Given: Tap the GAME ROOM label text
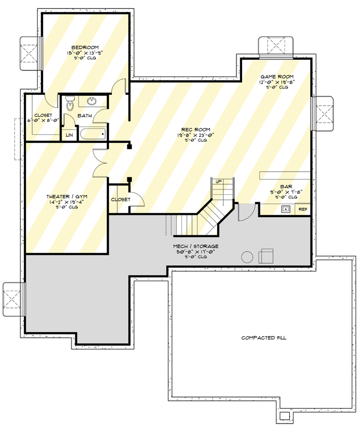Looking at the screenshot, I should tap(277, 76).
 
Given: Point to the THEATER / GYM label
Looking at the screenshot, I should tap(66, 197).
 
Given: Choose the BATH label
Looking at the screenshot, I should tap(85, 116).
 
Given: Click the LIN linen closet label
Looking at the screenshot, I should tap(69, 135).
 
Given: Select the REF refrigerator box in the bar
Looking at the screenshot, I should tap(302, 209).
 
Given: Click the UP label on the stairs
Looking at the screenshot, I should tap(219, 182).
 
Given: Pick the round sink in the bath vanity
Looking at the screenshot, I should tap(92, 101).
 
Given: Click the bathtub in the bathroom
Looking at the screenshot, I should tap(92, 133).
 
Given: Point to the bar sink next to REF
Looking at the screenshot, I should tap(286, 209).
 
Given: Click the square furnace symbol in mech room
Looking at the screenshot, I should tap(266, 256).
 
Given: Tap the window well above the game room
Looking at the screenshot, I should tap(275, 46).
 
